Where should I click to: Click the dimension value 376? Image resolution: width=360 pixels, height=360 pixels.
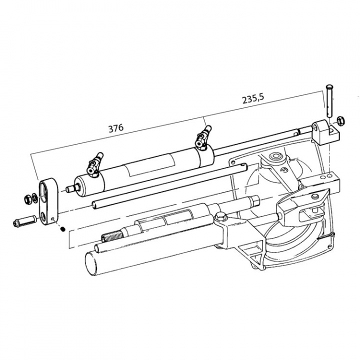point(115,127)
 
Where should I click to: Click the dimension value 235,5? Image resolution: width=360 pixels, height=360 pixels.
point(254,100)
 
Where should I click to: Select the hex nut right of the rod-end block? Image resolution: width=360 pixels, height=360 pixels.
point(339,120)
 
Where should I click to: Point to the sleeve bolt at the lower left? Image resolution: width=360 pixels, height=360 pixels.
point(23,220)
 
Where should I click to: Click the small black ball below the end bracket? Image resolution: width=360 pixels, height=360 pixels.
point(62,230)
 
